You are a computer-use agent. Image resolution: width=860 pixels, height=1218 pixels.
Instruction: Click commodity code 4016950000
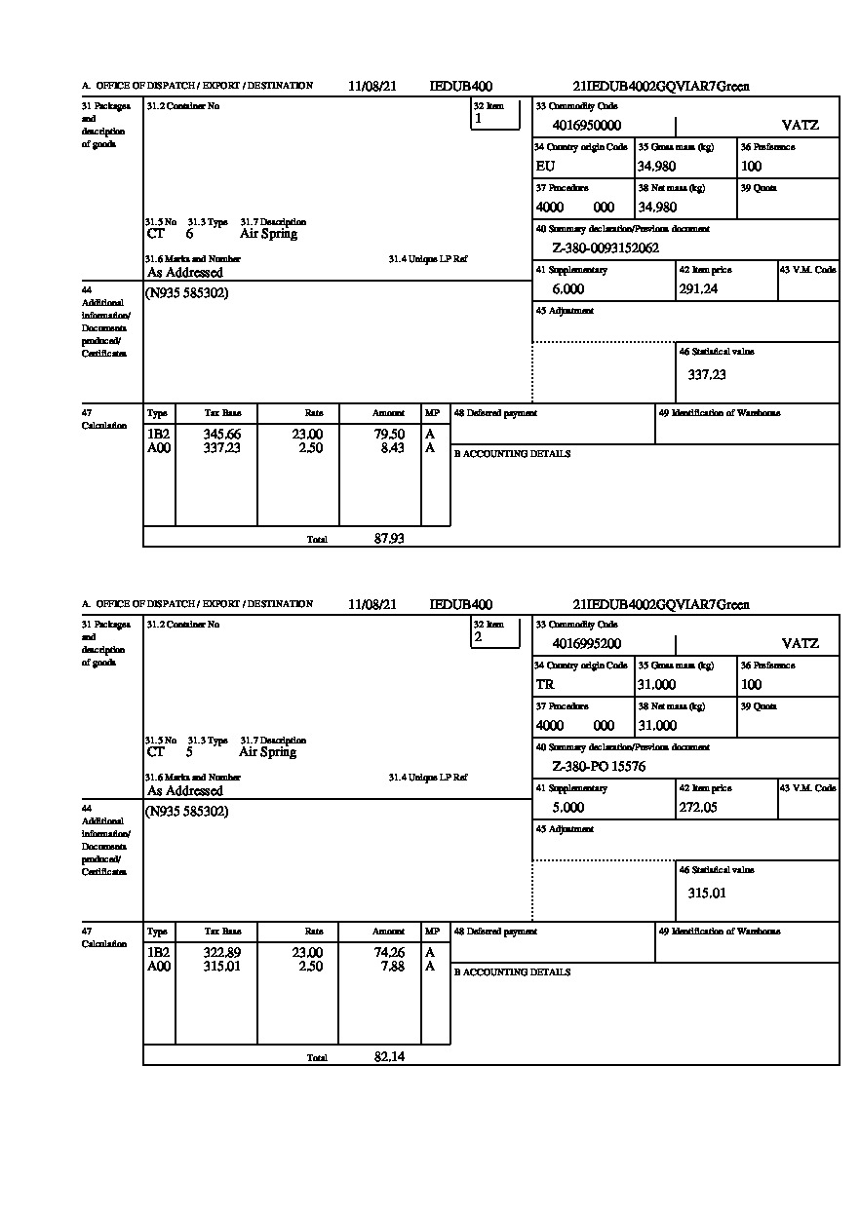[586, 126]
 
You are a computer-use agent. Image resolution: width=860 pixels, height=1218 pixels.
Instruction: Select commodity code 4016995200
[586, 644]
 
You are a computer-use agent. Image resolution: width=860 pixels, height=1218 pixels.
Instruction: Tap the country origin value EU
[545, 167]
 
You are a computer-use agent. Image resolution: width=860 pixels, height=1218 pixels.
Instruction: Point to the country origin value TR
[545, 685]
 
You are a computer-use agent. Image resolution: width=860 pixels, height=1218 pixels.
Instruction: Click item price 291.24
[698, 289]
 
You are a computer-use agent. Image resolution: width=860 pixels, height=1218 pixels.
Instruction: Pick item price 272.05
[698, 808]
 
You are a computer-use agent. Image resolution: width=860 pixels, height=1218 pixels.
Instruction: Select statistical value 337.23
[707, 375]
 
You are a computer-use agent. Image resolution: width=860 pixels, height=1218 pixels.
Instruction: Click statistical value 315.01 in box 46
[707, 894]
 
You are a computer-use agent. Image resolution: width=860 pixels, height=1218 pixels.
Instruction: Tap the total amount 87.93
[389, 539]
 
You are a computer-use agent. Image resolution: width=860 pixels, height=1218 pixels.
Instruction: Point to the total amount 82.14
[389, 1057]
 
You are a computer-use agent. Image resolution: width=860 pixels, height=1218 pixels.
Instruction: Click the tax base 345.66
[221, 435]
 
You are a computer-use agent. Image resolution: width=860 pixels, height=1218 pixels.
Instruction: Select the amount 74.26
[389, 953]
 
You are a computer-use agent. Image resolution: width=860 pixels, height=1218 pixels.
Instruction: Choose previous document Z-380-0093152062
[606, 248]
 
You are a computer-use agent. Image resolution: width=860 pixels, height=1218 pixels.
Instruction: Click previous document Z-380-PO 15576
[599, 767]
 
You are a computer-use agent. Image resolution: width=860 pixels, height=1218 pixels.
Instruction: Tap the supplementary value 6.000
[567, 289]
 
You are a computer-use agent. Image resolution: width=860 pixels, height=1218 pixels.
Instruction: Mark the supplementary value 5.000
[567, 808]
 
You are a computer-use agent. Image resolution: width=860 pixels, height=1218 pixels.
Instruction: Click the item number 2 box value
[478, 637]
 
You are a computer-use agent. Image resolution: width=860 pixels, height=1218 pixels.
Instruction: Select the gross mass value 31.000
[656, 685]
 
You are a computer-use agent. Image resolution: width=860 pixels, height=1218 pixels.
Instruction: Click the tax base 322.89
[221, 953]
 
